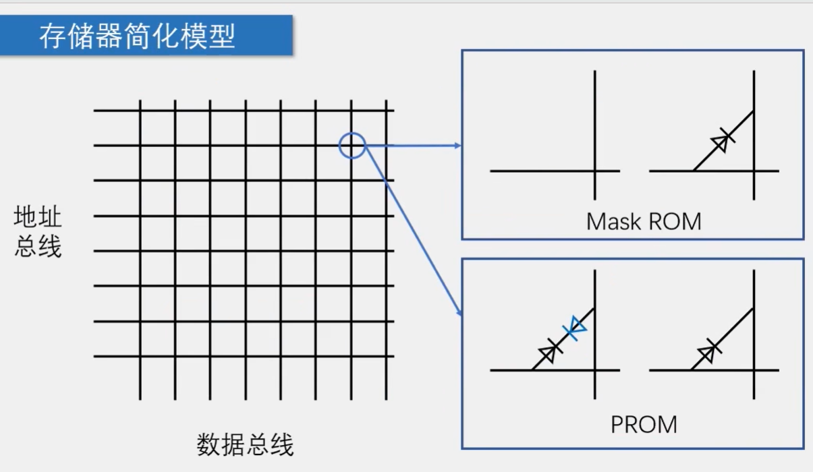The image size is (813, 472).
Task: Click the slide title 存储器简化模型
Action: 137,36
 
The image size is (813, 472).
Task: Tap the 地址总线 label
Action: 38,232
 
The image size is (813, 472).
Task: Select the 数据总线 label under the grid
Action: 245,445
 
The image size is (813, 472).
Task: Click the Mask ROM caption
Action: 643,221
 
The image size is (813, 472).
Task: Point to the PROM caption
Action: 643,424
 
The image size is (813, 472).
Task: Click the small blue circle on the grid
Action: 352,145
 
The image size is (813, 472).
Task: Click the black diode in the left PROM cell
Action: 549,353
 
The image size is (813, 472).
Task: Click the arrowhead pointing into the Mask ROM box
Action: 458,145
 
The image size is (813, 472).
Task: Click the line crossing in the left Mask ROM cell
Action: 594,171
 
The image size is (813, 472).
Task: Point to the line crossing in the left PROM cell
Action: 594,370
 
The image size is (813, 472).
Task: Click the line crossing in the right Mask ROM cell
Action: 754,171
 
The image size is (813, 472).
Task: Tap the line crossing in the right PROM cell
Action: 754,370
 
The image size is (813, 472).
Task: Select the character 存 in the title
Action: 51,36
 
